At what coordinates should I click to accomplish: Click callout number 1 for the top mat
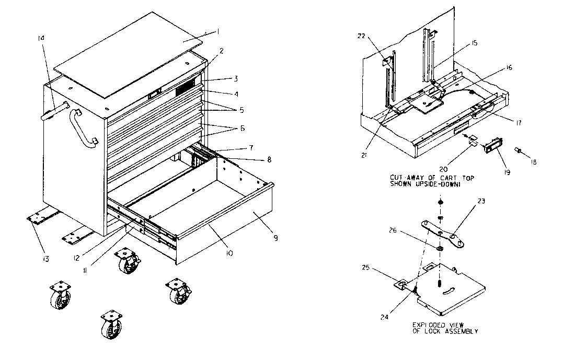[219, 32]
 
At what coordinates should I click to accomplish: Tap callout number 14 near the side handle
[42, 38]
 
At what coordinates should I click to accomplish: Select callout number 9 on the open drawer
[275, 238]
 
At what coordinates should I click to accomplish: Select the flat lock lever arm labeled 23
[443, 234]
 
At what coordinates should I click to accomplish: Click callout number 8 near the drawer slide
[269, 159]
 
